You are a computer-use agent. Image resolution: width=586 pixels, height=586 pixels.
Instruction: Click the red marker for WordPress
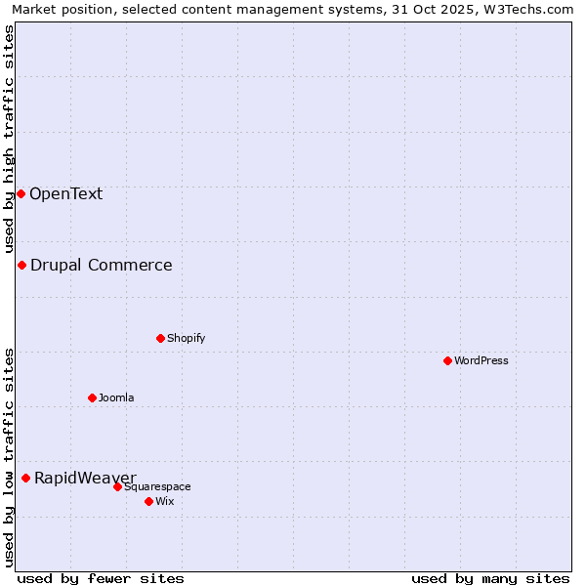pyautogui.click(x=447, y=360)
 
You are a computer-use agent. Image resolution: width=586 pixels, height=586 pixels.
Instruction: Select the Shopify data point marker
pyautogui.click(x=160, y=338)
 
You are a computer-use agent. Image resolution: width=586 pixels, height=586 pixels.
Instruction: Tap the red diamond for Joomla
pyautogui.click(x=92, y=398)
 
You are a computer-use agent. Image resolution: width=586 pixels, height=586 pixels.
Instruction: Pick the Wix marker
pyautogui.click(x=148, y=501)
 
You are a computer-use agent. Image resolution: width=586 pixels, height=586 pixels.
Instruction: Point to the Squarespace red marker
pyautogui.click(x=117, y=486)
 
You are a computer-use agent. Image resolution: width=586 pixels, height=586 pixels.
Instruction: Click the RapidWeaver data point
pyautogui.click(x=25, y=478)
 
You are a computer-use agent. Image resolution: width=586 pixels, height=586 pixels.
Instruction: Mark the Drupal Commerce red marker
pyautogui.click(x=21, y=265)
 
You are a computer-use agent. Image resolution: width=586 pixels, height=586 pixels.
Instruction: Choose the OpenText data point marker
pyautogui.click(x=21, y=193)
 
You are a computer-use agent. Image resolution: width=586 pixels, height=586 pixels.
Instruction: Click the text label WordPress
pyautogui.click(x=481, y=360)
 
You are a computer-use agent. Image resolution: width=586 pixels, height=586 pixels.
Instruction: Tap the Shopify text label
pyautogui.click(x=187, y=338)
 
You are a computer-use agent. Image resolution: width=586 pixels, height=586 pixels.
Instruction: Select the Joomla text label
pyautogui.click(x=116, y=398)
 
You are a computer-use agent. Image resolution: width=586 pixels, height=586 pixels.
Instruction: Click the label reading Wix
pyautogui.click(x=165, y=501)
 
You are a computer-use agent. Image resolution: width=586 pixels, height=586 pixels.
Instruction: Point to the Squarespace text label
pyautogui.click(x=157, y=486)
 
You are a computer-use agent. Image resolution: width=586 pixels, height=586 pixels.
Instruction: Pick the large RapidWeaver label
pyautogui.click(x=85, y=478)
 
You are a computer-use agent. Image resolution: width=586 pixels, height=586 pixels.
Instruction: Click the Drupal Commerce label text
pyautogui.click(x=102, y=265)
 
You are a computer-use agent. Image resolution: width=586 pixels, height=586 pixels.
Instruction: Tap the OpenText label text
pyautogui.click(x=65, y=193)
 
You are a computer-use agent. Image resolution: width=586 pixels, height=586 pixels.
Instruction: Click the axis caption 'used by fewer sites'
pyautogui.click(x=101, y=578)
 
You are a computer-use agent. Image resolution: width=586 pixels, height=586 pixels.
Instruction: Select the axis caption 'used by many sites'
pyautogui.click(x=490, y=578)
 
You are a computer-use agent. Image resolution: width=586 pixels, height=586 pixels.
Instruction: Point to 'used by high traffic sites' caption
pyautogui.click(x=10, y=139)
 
